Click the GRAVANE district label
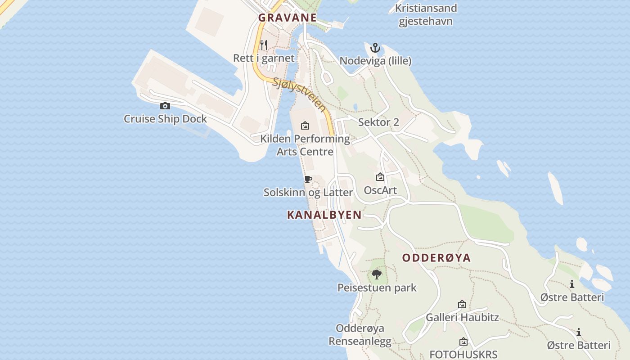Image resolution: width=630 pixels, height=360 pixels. coord(287,18)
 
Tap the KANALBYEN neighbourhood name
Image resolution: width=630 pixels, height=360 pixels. coord(324,215)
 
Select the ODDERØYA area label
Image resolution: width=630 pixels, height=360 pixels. coord(436,258)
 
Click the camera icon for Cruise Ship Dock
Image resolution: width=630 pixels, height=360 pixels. coord(165,106)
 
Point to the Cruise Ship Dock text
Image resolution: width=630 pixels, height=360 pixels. coord(165,119)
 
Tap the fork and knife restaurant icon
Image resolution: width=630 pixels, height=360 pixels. coord(264,45)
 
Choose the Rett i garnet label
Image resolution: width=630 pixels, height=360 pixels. coord(264,58)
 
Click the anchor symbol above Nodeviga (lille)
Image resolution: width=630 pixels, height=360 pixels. coord(375,48)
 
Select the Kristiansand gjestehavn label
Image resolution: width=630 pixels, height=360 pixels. coord(426,14)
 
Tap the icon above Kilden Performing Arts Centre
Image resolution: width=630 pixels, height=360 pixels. coord(305,126)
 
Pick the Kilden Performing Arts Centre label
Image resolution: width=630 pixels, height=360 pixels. coord(305,145)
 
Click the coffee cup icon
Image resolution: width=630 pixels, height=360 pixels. coord(308,180)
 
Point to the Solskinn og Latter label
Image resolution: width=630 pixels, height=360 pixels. coord(308,193)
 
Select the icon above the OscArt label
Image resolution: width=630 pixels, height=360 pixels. coord(380,177)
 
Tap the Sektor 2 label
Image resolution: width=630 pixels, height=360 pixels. coord(378,122)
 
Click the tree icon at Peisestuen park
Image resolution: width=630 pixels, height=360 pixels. coord(377,274)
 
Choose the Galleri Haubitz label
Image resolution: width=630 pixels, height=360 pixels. coord(462,317)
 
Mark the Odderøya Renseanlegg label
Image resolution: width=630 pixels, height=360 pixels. coord(360,335)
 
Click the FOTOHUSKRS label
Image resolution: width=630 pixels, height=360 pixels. coord(463,354)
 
